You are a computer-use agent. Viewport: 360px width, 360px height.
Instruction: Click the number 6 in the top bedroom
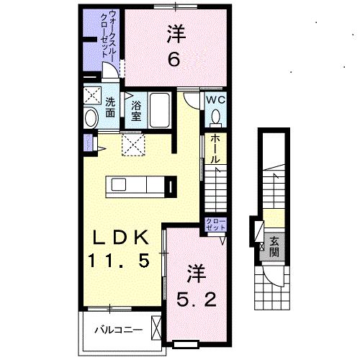tap(174, 60)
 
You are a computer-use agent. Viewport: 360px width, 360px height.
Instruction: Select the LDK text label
tap(120, 238)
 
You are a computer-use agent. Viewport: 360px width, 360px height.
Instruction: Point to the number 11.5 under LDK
tap(120, 261)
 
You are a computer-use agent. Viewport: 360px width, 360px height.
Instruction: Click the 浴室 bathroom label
tap(136, 109)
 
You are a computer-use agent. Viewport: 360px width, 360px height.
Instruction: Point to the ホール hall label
tap(215, 150)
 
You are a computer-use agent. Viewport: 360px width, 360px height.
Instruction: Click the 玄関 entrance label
tap(274, 246)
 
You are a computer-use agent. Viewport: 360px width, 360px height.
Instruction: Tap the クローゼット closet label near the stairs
tap(214, 224)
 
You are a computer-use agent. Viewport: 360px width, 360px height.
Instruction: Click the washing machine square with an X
tap(91, 95)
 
